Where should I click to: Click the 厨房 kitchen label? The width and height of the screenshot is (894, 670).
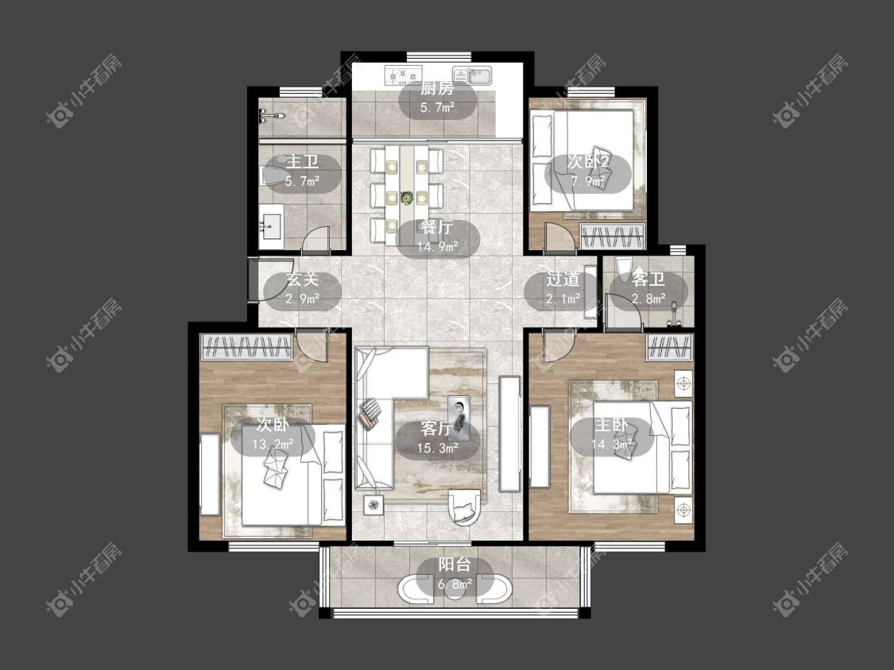coord(437,89)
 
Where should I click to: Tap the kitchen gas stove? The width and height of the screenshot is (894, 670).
coord(404,74)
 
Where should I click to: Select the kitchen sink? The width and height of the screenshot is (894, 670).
coord(473,75)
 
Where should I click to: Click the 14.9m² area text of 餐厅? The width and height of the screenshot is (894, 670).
coord(438,247)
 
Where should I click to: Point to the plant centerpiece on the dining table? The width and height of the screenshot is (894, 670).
coord(407,198)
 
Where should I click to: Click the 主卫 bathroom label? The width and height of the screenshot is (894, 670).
coord(302,162)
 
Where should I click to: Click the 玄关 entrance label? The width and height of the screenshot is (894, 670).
coord(302,279)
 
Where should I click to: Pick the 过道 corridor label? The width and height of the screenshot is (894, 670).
coord(563,279)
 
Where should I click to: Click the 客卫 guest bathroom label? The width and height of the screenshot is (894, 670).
coord(648,279)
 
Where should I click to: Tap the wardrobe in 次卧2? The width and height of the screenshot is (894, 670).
coord(613,237)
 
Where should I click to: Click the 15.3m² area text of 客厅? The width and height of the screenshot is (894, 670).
coord(438,449)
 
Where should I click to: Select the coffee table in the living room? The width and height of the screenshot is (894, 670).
coord(459,418)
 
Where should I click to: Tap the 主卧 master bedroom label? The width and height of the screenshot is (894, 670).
coord(611,425)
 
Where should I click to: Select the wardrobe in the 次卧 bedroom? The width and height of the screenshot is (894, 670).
coord(247,347)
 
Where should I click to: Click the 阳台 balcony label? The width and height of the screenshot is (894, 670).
coord(455,564)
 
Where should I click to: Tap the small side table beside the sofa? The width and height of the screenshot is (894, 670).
coord(373,505)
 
